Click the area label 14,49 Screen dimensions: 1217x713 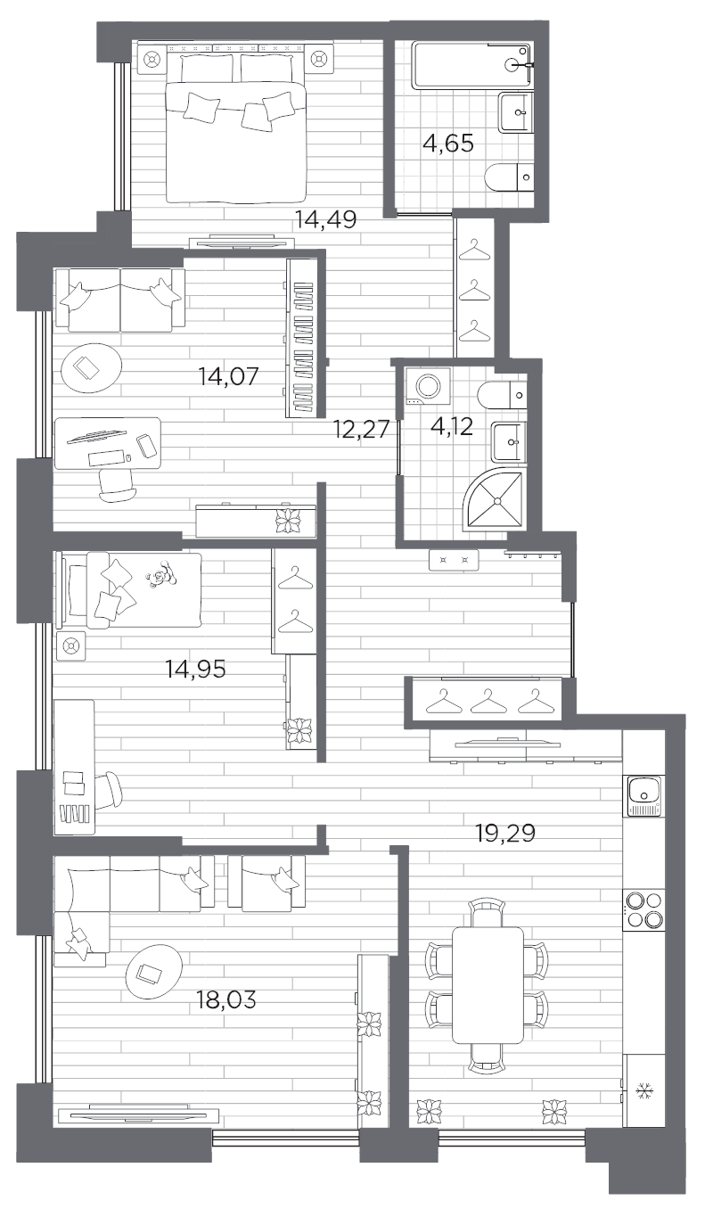(327, 220)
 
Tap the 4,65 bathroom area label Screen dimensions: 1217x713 (447, 143)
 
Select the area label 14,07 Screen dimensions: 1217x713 (229, 375)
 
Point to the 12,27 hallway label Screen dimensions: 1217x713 (361, 430)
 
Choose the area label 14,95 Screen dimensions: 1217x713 (196, 668)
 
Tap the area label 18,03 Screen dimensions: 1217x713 (225, 999)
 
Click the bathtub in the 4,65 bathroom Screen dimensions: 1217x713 (471, 64)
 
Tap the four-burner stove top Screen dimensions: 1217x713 (643, 909)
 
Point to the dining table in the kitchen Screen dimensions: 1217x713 (487, 983)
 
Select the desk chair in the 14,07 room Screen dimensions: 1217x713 (117, 483)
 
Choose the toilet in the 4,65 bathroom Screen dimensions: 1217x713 (509, 176)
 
